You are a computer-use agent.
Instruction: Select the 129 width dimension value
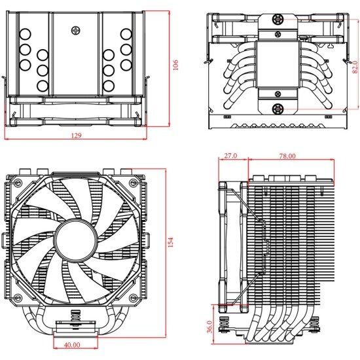click(77, 135)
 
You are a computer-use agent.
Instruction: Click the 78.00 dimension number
click(287, 156)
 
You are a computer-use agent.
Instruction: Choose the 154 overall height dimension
click(171, 242)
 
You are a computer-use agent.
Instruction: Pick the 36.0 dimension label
click(209, 325)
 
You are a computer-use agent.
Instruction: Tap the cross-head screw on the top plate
click(78, 29)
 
